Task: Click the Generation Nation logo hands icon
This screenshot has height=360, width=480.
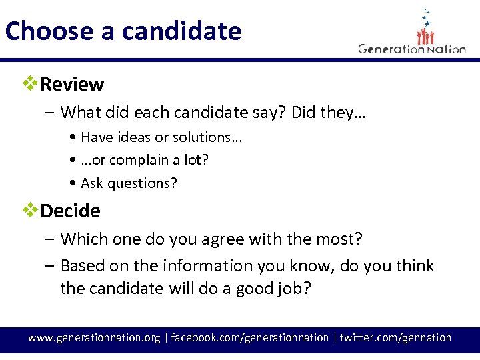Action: [427, 33]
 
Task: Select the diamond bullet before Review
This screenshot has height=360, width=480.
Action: [29, 84]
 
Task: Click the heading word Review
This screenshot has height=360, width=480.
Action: [72, 85]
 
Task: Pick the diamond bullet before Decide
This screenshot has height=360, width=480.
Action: [29, 211]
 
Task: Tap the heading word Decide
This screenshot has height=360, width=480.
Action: [70, 211]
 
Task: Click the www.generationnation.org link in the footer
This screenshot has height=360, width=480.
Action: [94, 338]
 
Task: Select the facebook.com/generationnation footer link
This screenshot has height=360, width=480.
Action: [250, 338]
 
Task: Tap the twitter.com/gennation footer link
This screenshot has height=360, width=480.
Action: [395, 338]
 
